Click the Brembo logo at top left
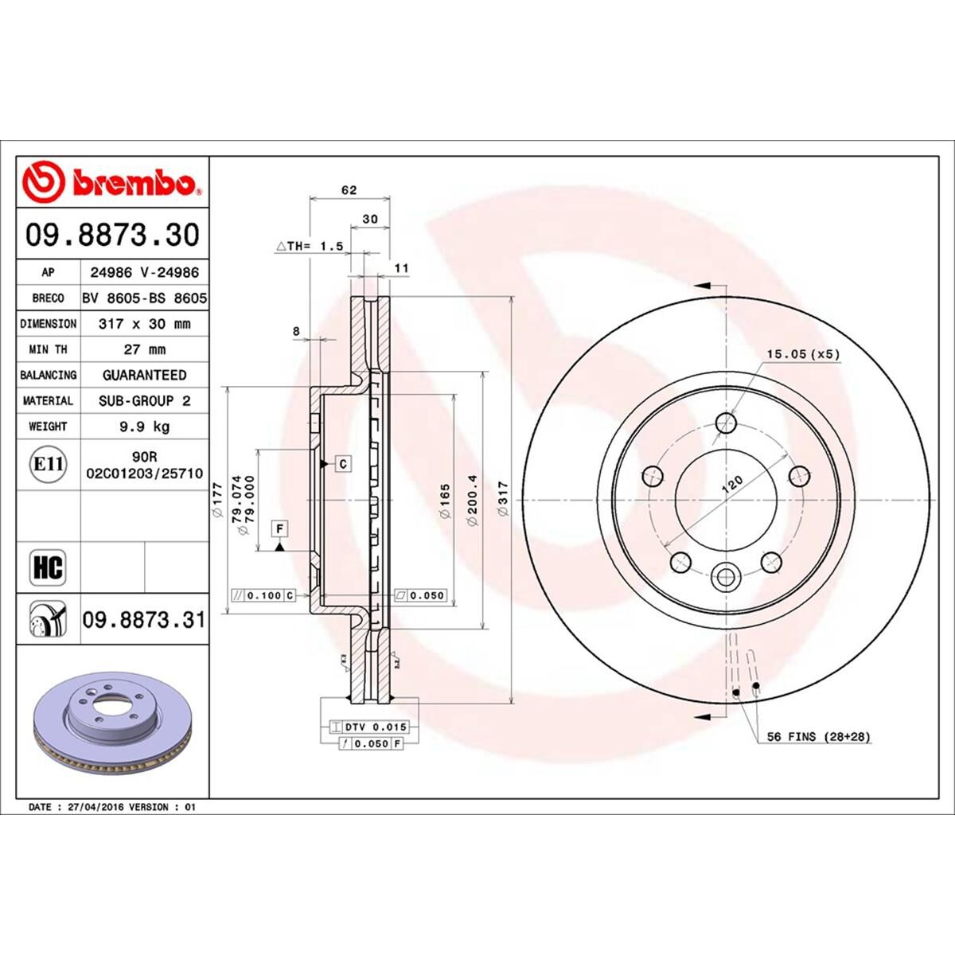(112, 182)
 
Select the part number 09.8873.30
(112, 235)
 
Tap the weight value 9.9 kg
(144, 427)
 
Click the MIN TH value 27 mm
(144, 349)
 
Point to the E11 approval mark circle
(48, 463)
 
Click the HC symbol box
(48, 567)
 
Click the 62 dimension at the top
(349, 190)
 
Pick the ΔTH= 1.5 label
(310, 247)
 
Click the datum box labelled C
(343, 463)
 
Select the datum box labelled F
(280, 528)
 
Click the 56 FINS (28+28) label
(818, 737)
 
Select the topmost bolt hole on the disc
(726, 422)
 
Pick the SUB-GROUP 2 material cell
(144, 401)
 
